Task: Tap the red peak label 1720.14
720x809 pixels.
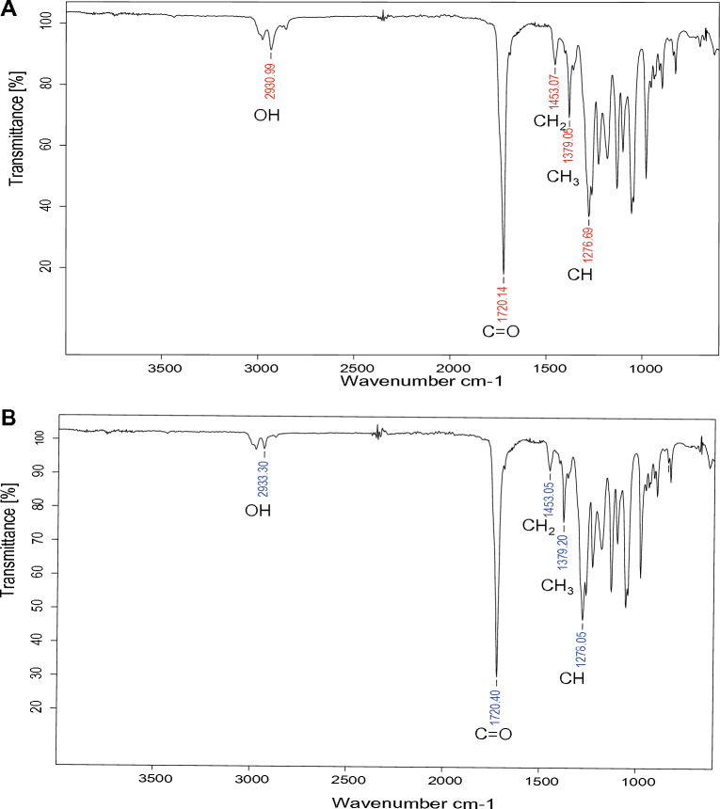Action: [504, 301]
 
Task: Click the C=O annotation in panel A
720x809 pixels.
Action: [501, 331]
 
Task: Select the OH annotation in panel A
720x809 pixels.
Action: [267, 116]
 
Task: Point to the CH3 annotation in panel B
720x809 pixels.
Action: [558, 586]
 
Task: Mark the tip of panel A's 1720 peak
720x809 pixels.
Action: [504, 272]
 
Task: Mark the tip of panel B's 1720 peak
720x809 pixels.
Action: [496, 675]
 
